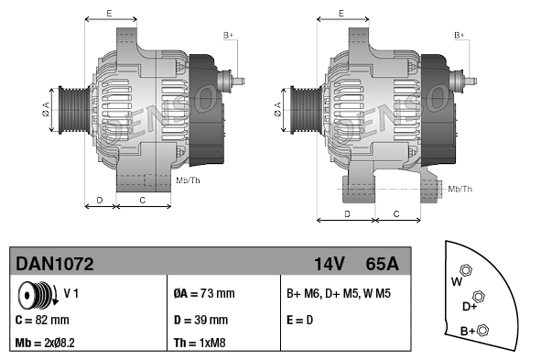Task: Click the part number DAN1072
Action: [55, 264]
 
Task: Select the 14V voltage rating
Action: [330, 264]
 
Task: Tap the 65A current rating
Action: [382, 264]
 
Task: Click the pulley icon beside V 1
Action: [38, 295]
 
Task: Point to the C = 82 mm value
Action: [42, 320]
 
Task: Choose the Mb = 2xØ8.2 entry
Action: [45, 343]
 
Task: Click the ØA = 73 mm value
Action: [204, 294]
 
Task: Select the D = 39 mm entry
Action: [200, 320]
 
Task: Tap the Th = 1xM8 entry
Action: [200, 343]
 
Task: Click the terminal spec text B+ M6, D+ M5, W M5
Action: [339, 294]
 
